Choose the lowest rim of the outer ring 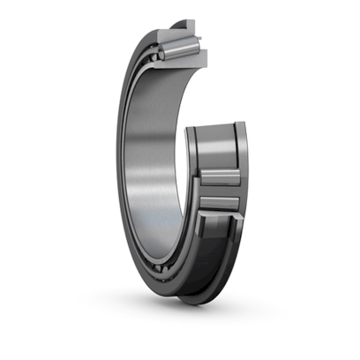pos(190,298)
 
